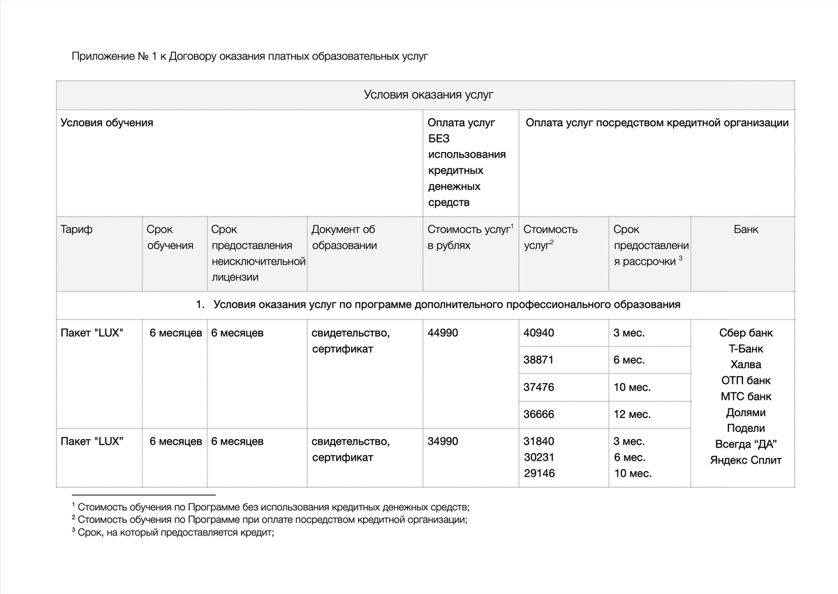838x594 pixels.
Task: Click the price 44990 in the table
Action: point(443,333)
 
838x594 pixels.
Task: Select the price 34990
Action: point(443,441)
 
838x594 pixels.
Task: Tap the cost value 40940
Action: point(538,333)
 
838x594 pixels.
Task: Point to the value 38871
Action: point(538,360)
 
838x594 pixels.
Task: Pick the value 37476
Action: point(538,387)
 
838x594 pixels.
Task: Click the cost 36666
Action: point(538,414)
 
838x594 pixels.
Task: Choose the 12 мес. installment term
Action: point(632,414)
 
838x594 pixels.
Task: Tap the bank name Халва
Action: point(746,364)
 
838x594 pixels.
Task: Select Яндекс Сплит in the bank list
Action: point(746,460)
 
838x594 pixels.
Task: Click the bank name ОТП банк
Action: point(746,380)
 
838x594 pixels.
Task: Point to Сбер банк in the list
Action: point(746,333)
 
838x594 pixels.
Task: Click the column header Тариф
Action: point(76,229)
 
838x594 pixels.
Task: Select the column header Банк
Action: point(746,229)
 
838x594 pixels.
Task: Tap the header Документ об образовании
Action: point(344,237)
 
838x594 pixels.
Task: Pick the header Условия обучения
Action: point(107,123)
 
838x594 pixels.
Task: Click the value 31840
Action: point(538,441)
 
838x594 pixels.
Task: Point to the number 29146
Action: point(539,473)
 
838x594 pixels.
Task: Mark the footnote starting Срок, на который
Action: point(175,532)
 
